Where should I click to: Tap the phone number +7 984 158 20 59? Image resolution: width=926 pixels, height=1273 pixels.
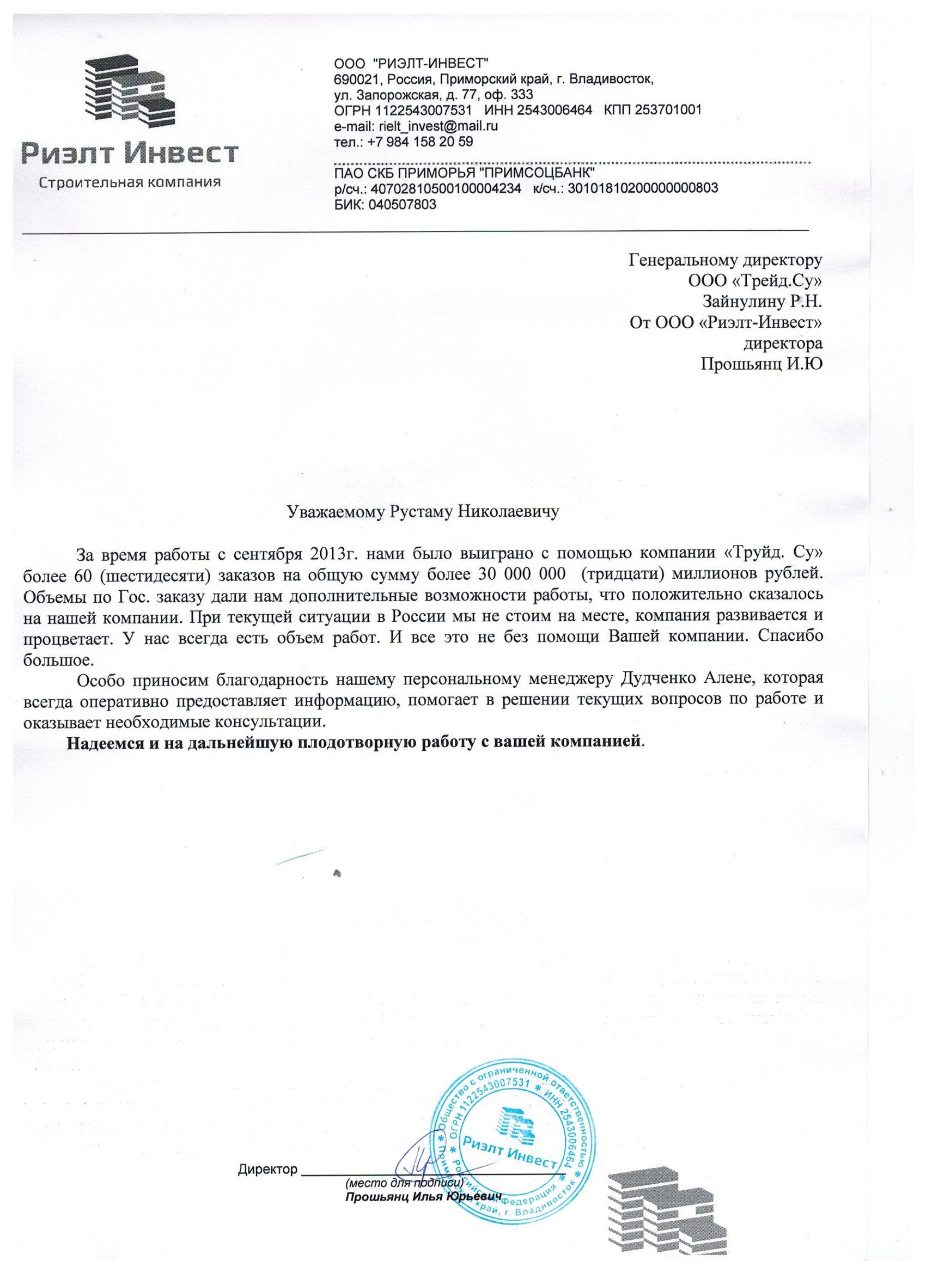(420, 142)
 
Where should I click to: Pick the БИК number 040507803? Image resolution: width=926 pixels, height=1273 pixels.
(401, 205)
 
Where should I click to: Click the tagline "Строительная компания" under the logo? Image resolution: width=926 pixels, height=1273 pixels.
(130, 182)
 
